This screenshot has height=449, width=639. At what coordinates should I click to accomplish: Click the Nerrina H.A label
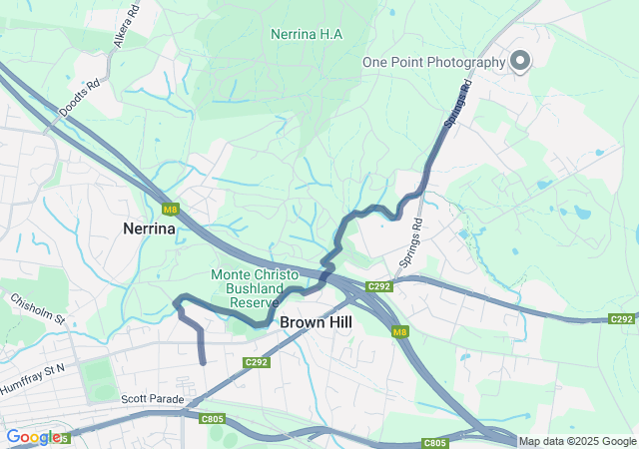(307, 34)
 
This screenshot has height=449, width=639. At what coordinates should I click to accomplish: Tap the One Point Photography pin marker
(520, 62)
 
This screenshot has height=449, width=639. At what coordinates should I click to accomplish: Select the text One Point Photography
(434, 62)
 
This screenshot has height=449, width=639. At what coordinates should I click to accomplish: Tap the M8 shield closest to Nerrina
(171, 210)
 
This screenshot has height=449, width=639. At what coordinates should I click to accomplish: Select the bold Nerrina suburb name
(149, 228)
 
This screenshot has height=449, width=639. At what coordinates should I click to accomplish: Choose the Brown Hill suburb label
(316, 322)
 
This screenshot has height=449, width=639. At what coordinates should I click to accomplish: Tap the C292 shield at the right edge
(622, 319)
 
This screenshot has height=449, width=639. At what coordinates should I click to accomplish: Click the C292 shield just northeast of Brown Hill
(377, 287)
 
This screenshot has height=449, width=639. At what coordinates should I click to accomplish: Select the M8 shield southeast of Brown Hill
(400, 332)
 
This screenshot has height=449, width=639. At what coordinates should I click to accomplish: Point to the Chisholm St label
(37, 308)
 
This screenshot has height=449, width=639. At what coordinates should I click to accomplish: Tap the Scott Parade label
(153, 399)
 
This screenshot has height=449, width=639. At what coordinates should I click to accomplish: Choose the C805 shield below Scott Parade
(212, 419)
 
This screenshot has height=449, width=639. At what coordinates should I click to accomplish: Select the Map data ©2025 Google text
(577, 442)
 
